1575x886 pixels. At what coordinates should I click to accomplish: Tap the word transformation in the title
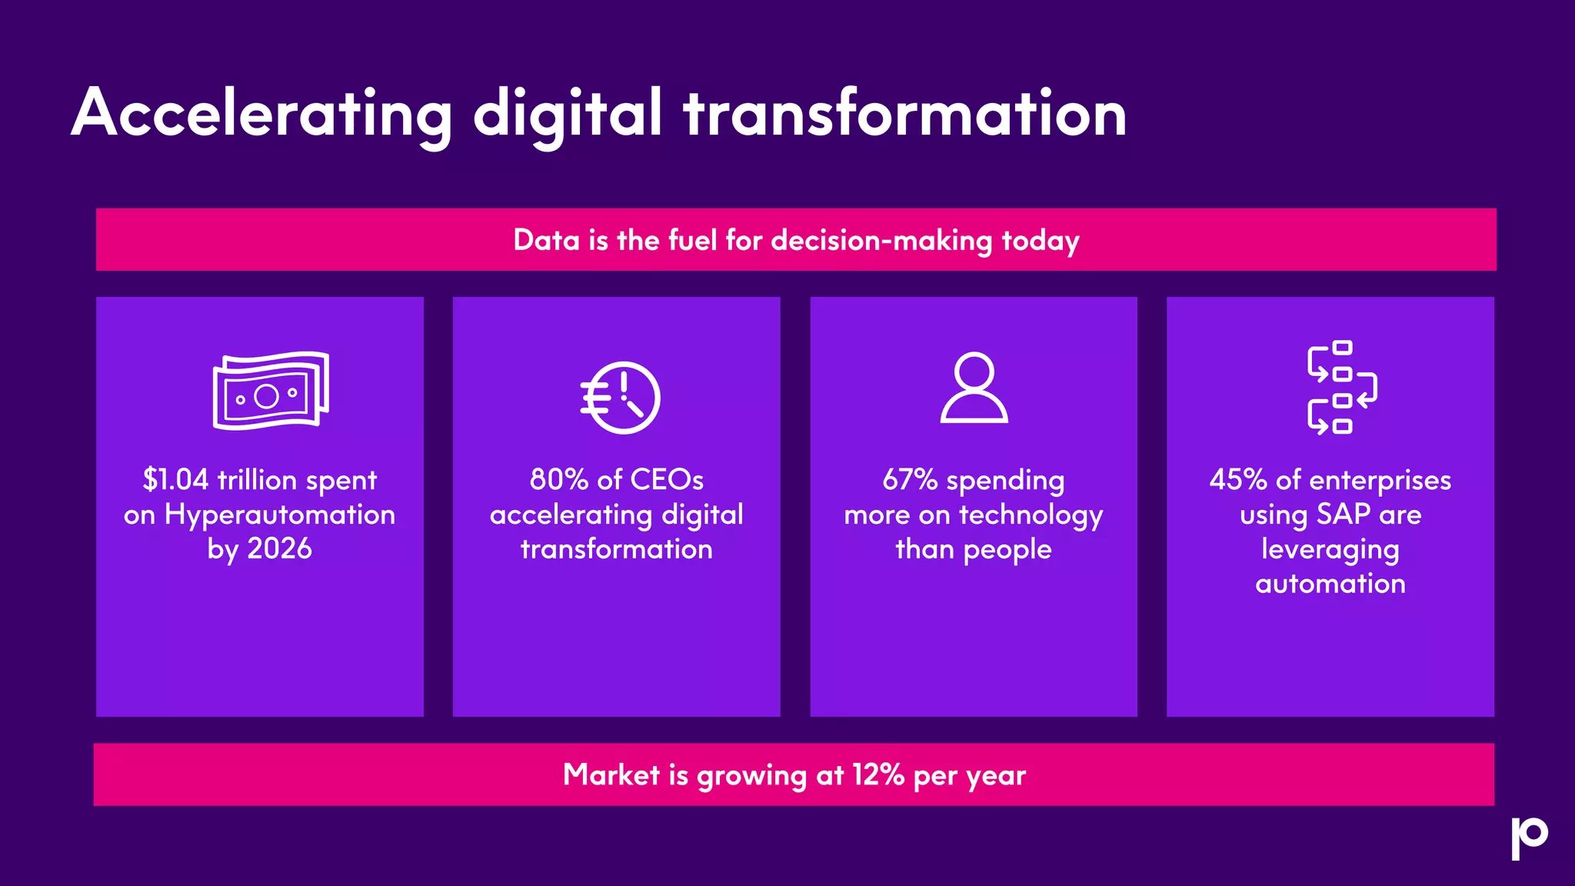pos(905,114)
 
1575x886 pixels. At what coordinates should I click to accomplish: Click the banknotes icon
pos(271,391)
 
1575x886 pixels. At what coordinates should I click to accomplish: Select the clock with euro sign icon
pos(621,398)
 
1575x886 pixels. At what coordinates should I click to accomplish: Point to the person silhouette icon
pos(974,388)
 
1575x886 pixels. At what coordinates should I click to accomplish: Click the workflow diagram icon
pos(1341,387)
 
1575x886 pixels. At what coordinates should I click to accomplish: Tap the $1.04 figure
pos(175,480)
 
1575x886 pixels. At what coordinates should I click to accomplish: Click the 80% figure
pos(559,480)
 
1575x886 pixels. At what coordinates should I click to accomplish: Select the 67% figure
pos(910,480)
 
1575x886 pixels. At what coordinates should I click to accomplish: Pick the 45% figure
pos(1237,480)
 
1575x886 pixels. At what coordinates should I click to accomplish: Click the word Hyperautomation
pos(280,515)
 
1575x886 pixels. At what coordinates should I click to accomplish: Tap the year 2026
pos(279,549)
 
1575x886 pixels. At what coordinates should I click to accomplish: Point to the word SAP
pos(1344,515)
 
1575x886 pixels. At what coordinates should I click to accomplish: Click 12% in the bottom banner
pos(877,774)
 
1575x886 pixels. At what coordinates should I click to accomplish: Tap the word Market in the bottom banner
pos(611,774)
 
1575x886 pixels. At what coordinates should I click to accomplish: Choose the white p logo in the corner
pos(1529,838)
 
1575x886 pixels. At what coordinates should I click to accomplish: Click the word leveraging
pos(1330,550)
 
